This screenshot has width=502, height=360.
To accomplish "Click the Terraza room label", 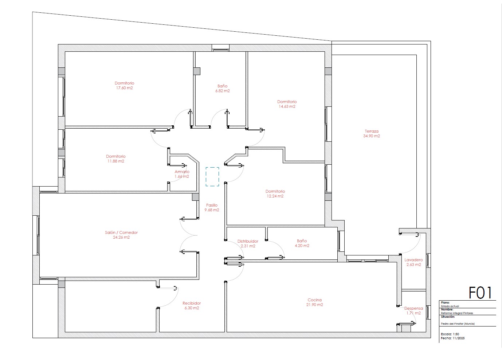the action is pos(371,131).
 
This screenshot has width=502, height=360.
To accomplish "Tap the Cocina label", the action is pos(314,300).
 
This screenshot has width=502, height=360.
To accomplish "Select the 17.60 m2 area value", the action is pos(124,88).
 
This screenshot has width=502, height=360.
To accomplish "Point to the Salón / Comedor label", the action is pos(121,232).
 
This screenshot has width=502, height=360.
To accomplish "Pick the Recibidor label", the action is pos(192,303).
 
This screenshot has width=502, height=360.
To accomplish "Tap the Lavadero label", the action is pos(413,260).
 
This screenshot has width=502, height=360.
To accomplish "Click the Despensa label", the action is pos(413,308).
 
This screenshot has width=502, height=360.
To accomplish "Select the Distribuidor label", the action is pos(248,241).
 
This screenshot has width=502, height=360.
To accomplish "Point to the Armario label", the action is pos(182,172).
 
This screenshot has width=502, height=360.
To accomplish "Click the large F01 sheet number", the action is pos(480,293).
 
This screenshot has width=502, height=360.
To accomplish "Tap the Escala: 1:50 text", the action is pos(450,334).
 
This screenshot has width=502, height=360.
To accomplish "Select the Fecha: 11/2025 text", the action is pos(452,338).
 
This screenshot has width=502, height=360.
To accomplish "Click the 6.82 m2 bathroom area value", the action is pos(223,91).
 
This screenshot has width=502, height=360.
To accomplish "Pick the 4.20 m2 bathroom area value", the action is pos(302,246).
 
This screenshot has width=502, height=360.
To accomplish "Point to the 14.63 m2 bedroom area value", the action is pos(287,106).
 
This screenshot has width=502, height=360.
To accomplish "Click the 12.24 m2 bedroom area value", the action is pos(275,196).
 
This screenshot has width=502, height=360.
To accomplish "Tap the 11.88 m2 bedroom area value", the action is pos(115,161).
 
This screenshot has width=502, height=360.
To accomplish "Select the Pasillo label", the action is pos(212,205).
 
